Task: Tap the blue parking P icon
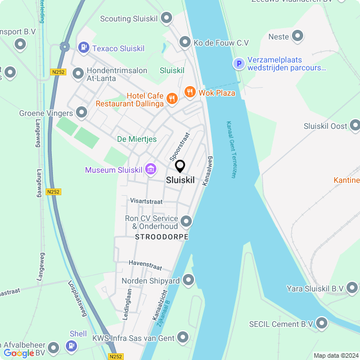click(x=239, y=64)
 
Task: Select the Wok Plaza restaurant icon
click(x=189, y=92)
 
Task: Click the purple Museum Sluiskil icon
click(x=150, y=169)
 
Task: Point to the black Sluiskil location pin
click(x=180, y=166)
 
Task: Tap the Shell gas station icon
click(x=71, y=346)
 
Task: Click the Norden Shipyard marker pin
click(x=188, y=280)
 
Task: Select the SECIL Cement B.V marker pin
click(x=322, y=323)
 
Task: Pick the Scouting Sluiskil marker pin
click(x=166, y=19)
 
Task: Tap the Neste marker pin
click(x=298, y=37)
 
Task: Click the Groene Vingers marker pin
click(x=82, y=113)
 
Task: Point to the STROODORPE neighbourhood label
click(x=161, y=237)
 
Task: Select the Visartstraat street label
click(x=146, y=200)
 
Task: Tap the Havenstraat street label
click(x=145, y=263)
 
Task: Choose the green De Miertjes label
click(x=137, y=139)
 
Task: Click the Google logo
click(x=19, y=353)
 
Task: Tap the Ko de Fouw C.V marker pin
click(x=184, y=42)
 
